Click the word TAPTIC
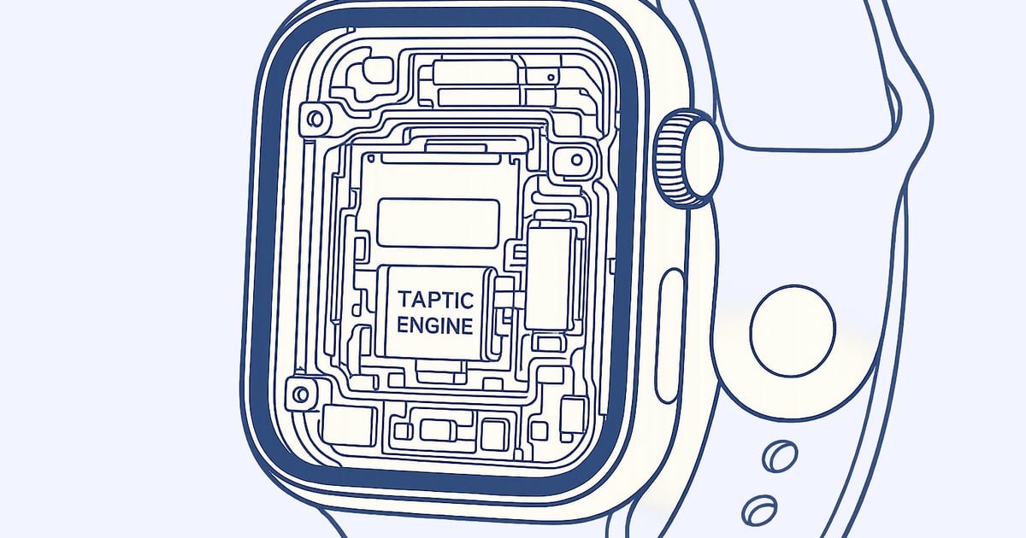pos(435,300)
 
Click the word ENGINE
pos(434,325)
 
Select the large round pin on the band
pos(793,330)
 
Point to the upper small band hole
pos(780,456)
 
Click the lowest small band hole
pos(759,510)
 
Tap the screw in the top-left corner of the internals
pos(315,120)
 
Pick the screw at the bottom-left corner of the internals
pos(301,394)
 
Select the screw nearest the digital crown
pos(576,161)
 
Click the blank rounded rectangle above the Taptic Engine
pos(438,223)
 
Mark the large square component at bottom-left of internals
pos(349,425)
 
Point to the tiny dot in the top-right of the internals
pos(551,78)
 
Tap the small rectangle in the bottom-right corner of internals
pos(573,415)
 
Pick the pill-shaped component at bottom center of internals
pos(439,430)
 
